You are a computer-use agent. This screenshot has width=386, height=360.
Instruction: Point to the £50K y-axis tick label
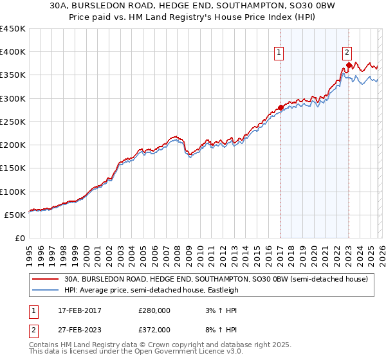[15, 215]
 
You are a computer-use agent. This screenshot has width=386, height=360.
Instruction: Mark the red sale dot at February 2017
[280, 107]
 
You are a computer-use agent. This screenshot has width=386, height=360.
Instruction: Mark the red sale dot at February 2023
[349, 65]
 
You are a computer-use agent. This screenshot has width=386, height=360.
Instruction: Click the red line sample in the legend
[44, 280]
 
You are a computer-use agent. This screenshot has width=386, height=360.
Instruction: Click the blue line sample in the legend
[44, 291]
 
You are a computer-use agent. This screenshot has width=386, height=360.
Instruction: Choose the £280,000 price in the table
[154, 310]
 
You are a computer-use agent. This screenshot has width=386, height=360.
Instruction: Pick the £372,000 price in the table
[154, 329]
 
